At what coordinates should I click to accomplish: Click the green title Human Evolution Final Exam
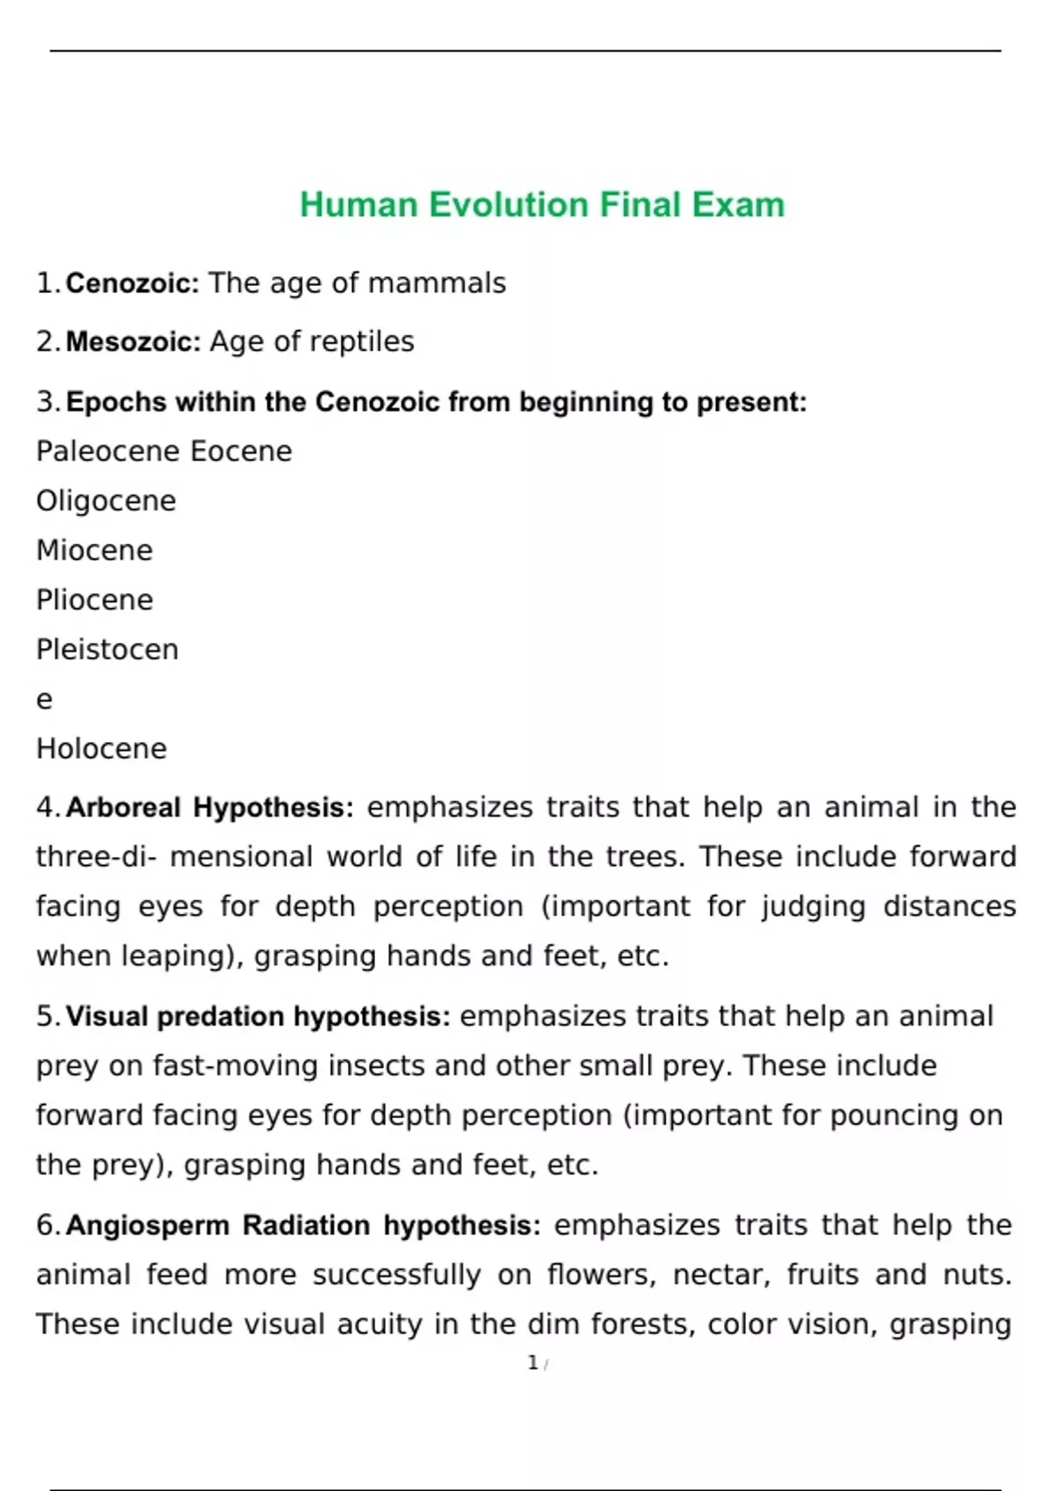[x=542, y=204]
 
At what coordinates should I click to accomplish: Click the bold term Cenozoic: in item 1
[x=132, y=283]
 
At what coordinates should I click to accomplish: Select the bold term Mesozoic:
[x=133, y=341]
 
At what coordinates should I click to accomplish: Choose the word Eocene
[x=241, y=451]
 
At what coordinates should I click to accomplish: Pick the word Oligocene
[x=106, y=501]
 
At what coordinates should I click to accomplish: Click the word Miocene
[x=95, y=550]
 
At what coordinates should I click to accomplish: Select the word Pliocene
[x=95, y=600]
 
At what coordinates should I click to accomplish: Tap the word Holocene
[x=102, y=748]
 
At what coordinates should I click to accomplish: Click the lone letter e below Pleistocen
[x=44, y=700]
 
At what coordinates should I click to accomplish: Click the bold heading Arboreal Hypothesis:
[x=210, y=807]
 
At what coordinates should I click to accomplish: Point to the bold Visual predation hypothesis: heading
[x=258, y=1016]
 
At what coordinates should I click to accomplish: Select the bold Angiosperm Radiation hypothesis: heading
[x=303, y=1224]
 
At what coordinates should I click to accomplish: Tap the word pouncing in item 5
[x=886, y=1115]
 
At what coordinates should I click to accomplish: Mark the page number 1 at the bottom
[x=533, y=1362]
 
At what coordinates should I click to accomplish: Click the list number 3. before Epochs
[x=48, y=402]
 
